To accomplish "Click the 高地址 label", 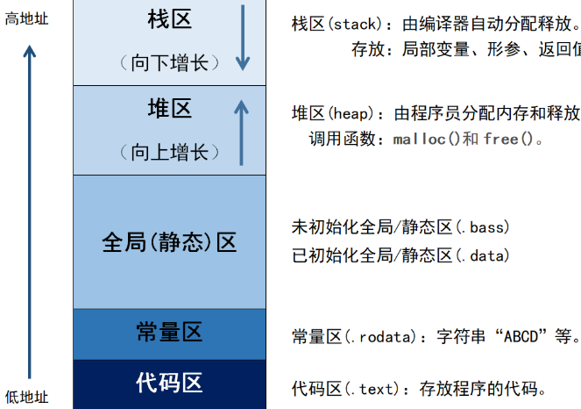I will point(26,18).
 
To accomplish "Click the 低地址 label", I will point(26,398).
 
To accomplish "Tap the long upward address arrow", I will point(30,211).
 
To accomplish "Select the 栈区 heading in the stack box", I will point(169,19).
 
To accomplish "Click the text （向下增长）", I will point(170,62).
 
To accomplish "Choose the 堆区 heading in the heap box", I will point(169,109).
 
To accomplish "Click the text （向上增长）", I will point(170,152).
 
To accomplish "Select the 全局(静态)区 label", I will point(169,241).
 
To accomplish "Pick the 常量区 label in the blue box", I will point(169,332).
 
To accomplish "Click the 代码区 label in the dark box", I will point(169,383).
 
